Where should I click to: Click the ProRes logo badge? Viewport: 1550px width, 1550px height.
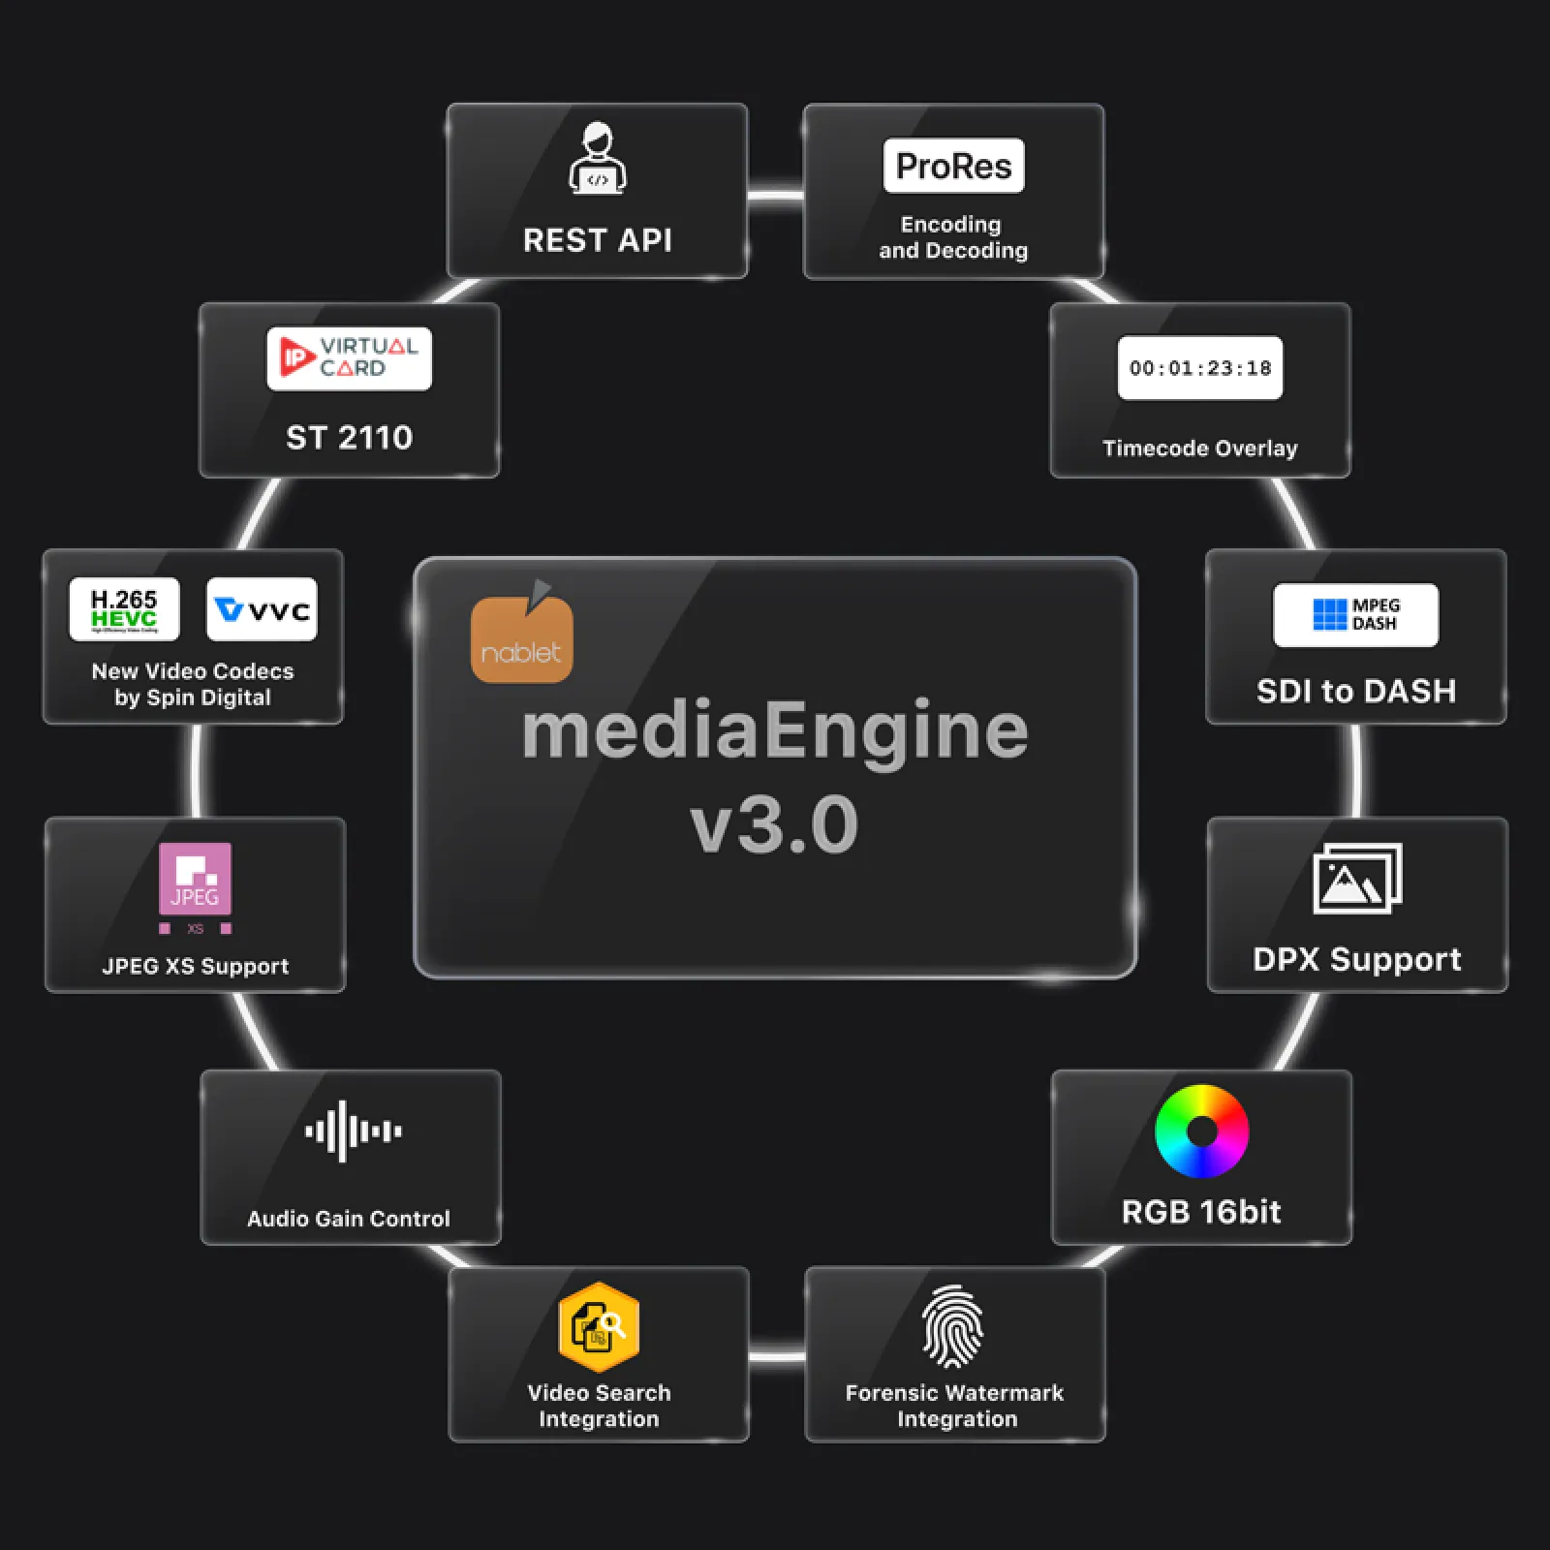[x=953, y=166]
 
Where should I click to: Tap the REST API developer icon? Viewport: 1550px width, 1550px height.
[x=598, y=158]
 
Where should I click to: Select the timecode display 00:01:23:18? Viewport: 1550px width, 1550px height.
[x=1199, y=368]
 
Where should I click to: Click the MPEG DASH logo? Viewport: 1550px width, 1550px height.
[x=1355, y=614]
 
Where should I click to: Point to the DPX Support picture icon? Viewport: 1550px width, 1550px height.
[x=1356, y=878]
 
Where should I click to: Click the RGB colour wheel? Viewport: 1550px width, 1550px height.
[x=1201, y=1131]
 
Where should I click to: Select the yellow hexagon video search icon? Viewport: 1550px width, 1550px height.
[x=599, y=1326]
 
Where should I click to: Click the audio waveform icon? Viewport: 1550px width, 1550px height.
[x=353, y=1131]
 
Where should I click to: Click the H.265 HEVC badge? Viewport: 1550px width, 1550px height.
[x=124, y=609]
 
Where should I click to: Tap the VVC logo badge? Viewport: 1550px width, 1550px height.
[x=262, y=609]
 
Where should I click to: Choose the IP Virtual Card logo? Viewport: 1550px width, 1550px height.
[x=349, y=357]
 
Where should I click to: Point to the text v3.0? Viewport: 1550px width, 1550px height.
[x=774, y=824]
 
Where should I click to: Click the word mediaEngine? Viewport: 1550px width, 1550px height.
[x=774, y=730]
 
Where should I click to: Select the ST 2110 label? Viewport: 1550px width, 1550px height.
[x=349, y=438]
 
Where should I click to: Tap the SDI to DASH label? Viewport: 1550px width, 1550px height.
[x=1355, y=691]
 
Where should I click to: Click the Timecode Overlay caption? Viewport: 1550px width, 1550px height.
[x=1199, y=449]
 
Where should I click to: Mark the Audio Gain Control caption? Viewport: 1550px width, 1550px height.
[x=349, y=1219]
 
